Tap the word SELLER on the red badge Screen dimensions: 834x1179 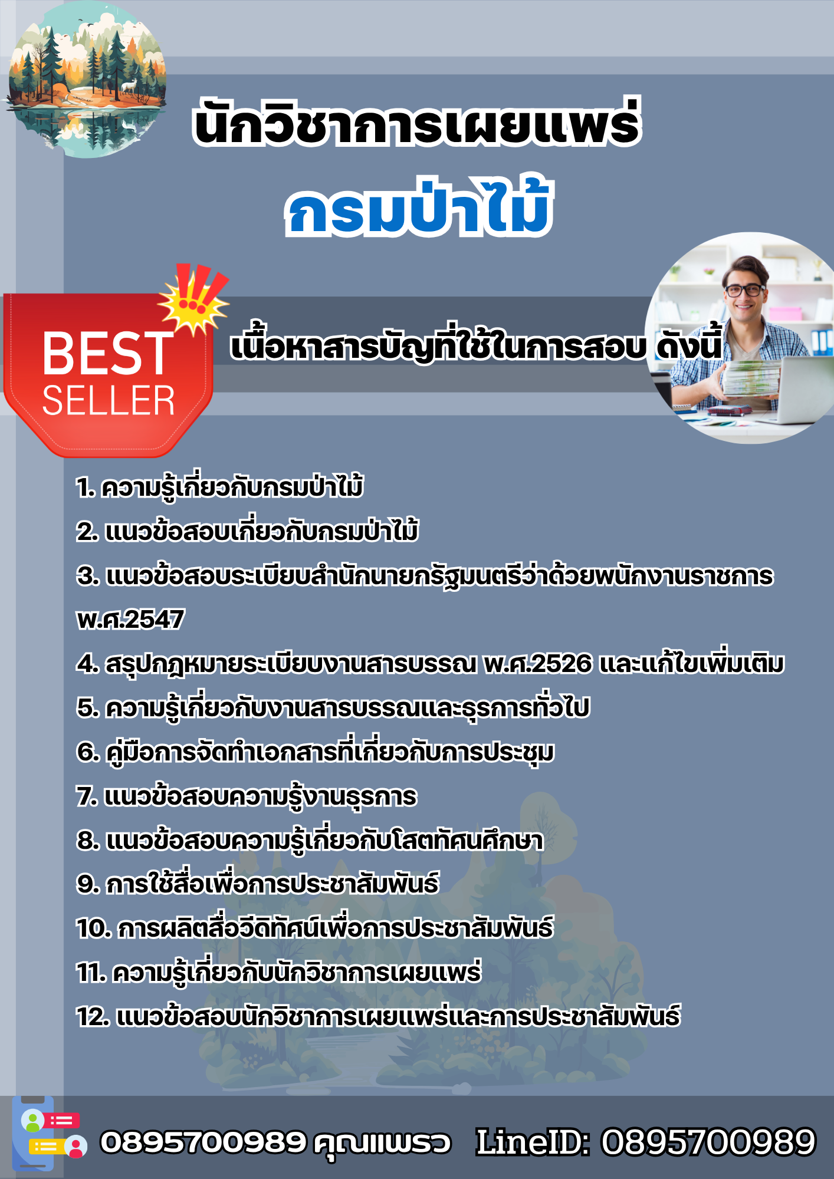(109, 401)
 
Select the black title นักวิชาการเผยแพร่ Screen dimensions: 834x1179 (417, 122)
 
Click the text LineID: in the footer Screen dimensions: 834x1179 (533, 1142)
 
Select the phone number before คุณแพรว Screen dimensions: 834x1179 (203, 1142)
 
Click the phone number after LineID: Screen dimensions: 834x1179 (708, 1142)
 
